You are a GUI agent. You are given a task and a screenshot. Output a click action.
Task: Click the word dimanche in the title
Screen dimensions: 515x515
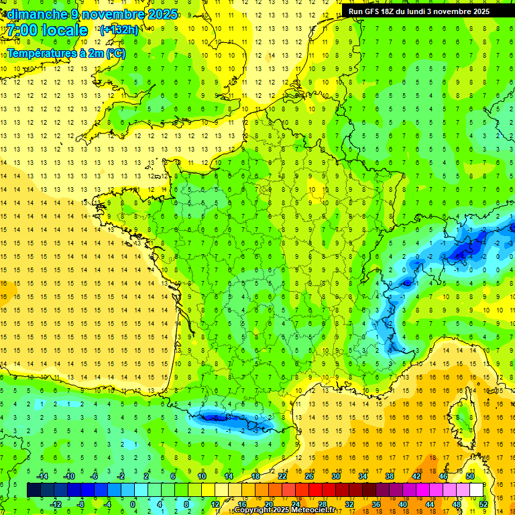pyautogui.click(x=35, y=14)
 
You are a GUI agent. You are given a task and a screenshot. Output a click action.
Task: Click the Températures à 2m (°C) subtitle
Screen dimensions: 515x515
pyautogui.click(x=66, y=54)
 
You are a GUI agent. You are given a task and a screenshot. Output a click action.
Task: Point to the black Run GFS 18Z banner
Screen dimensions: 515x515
pyautogui.click(x=418, y=11)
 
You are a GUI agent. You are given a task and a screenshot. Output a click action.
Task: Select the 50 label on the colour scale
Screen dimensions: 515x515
pyautogui.click(x=470, y=476)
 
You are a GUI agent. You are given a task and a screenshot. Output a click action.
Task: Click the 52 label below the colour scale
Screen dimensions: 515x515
pyautogui.click(x=483, y=504)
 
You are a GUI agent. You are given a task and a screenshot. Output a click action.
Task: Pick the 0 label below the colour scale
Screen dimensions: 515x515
pyautogui.click(x=132, y=504)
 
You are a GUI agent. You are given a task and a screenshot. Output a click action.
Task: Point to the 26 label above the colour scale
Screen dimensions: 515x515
pyautogui.click(x=309, y=476)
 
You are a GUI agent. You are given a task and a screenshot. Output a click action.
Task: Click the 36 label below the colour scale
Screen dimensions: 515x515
pyautogui.click(x=376, y=504)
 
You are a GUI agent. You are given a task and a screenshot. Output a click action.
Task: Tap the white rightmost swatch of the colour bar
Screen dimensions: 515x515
pyautogui.click(x=477, y=490)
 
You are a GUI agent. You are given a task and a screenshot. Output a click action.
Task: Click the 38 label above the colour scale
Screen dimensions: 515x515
pyautogui.click(x=390, y=476)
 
